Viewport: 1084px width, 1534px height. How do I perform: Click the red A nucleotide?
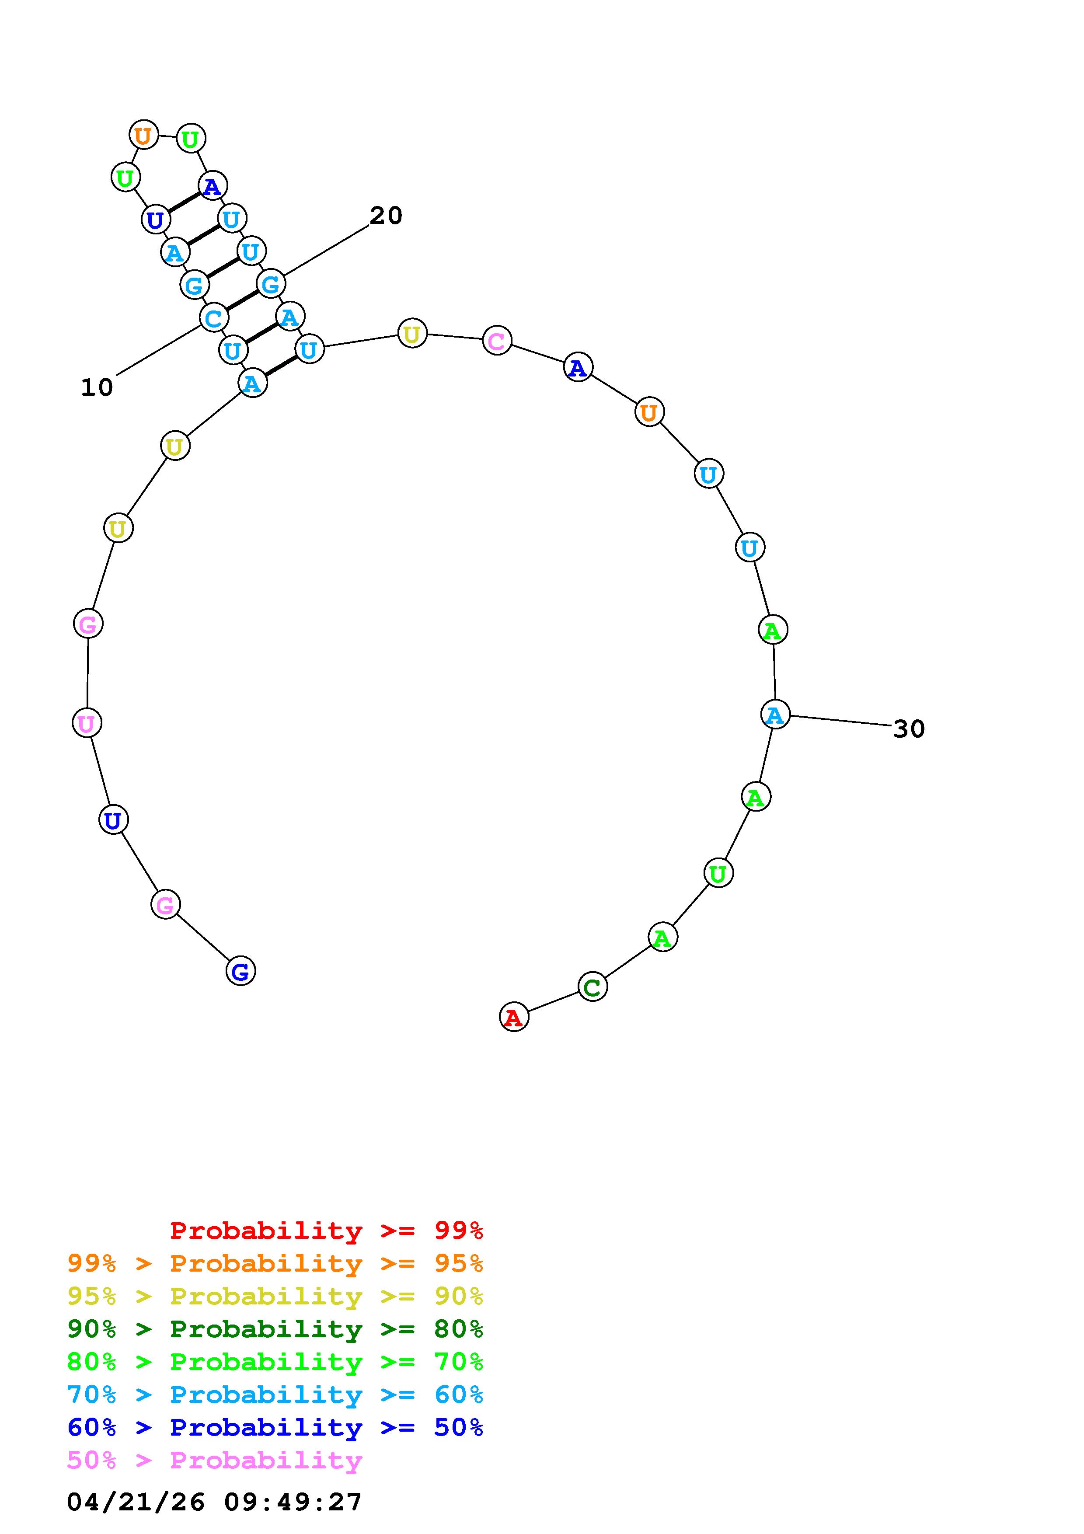pyautogui.click(x=514, y=1017)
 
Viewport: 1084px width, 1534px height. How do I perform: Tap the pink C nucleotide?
pyautogui.click(x=497, y=341)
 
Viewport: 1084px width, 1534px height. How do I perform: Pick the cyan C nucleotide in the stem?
pyautogui.click(x=214, y=317)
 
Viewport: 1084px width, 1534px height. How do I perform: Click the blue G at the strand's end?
pyautogui.click(x=241, y=971)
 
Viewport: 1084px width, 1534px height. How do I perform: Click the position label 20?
pyautogui.click(x=386, y=216)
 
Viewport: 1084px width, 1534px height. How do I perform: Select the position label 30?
pyautogui.click(x=909, y=729)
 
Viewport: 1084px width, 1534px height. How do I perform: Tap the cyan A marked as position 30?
pyautogui.click(x=775, y=714)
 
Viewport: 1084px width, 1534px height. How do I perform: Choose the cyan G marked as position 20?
pyautogui.click(x=271, y=283)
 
